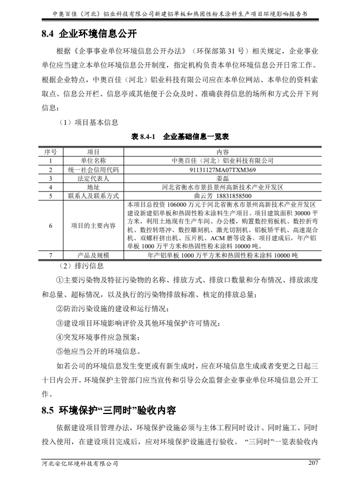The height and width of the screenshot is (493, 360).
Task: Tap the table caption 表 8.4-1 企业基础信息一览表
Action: tap(180, 137)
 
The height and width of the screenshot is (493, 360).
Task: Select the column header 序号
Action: tap(50, 152)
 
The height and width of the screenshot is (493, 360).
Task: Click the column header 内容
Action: tap(222, 152)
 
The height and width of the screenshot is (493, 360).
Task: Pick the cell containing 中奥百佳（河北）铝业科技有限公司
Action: tap(222, 161)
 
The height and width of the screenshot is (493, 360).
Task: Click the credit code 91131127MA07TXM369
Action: tap(222, 169)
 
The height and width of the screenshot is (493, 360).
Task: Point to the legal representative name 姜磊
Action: tap(222, 178)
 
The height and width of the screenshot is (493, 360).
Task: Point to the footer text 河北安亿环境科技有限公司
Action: tap(80, 463)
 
